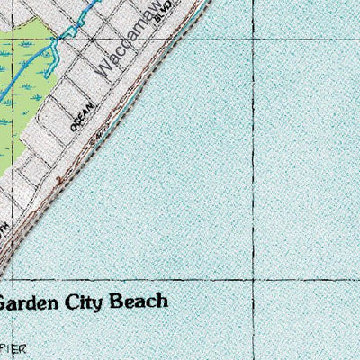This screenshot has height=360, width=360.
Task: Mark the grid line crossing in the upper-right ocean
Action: click(253, 28)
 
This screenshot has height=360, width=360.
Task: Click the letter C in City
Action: click(78, 301)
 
